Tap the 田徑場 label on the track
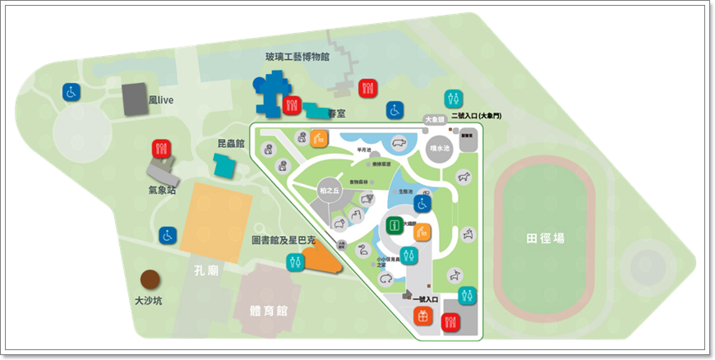(x=546, y=238)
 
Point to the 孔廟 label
(x=205, y=270)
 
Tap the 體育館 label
(x=271, y=312)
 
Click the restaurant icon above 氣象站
(x=160, y=149)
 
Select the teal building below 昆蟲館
(x=224, y=164)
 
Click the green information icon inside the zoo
(x=395, y=224)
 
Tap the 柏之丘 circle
(x=329, y=190)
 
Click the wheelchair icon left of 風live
(x=71, y=92)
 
